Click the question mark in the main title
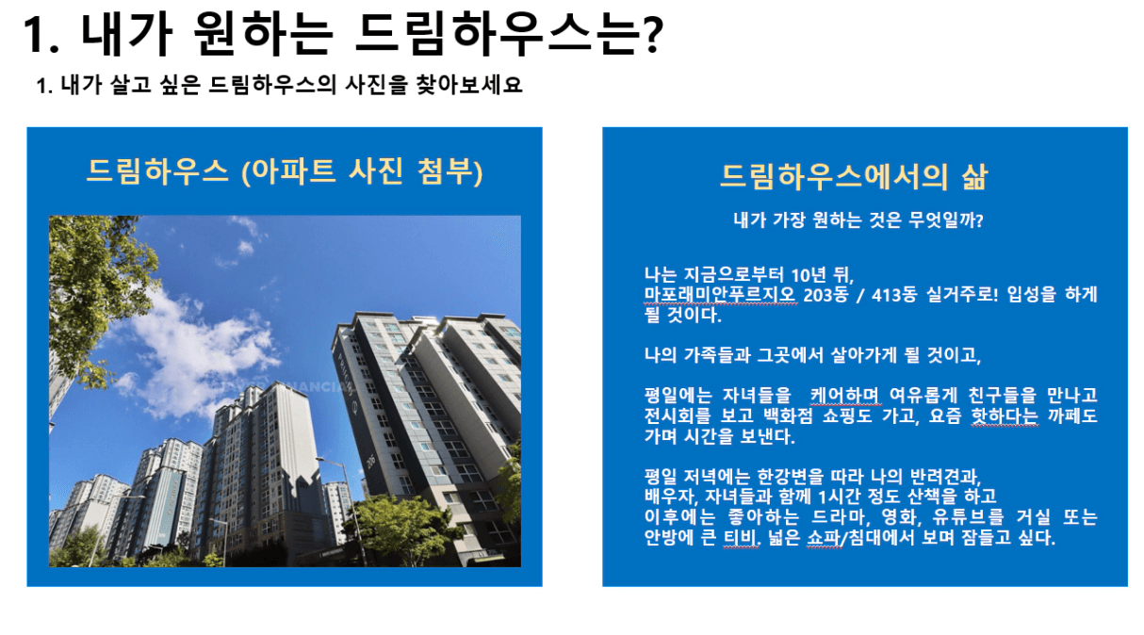pyautogui.click(x=653, y=34)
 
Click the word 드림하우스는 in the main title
pyautogui.click(x=498, y=34)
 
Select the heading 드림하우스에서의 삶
pyautogui.click(x=854, y=176)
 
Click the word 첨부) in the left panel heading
pyautogui.click(x=449, y=171)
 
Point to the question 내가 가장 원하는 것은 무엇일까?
pyautogui.click(x=858, y=220)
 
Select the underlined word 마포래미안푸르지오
pyautogui.click(x=720, y=295)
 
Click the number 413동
pyautogui.click(x=893, y=295)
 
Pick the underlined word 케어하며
pyautogui.click(x=845, y=395)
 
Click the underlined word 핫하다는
pyautogui.click(x=1005, y=415)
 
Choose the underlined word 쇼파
pyautogui.click(x=825, y=538)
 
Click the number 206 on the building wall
pyautogui.click(x=371, y=461)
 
